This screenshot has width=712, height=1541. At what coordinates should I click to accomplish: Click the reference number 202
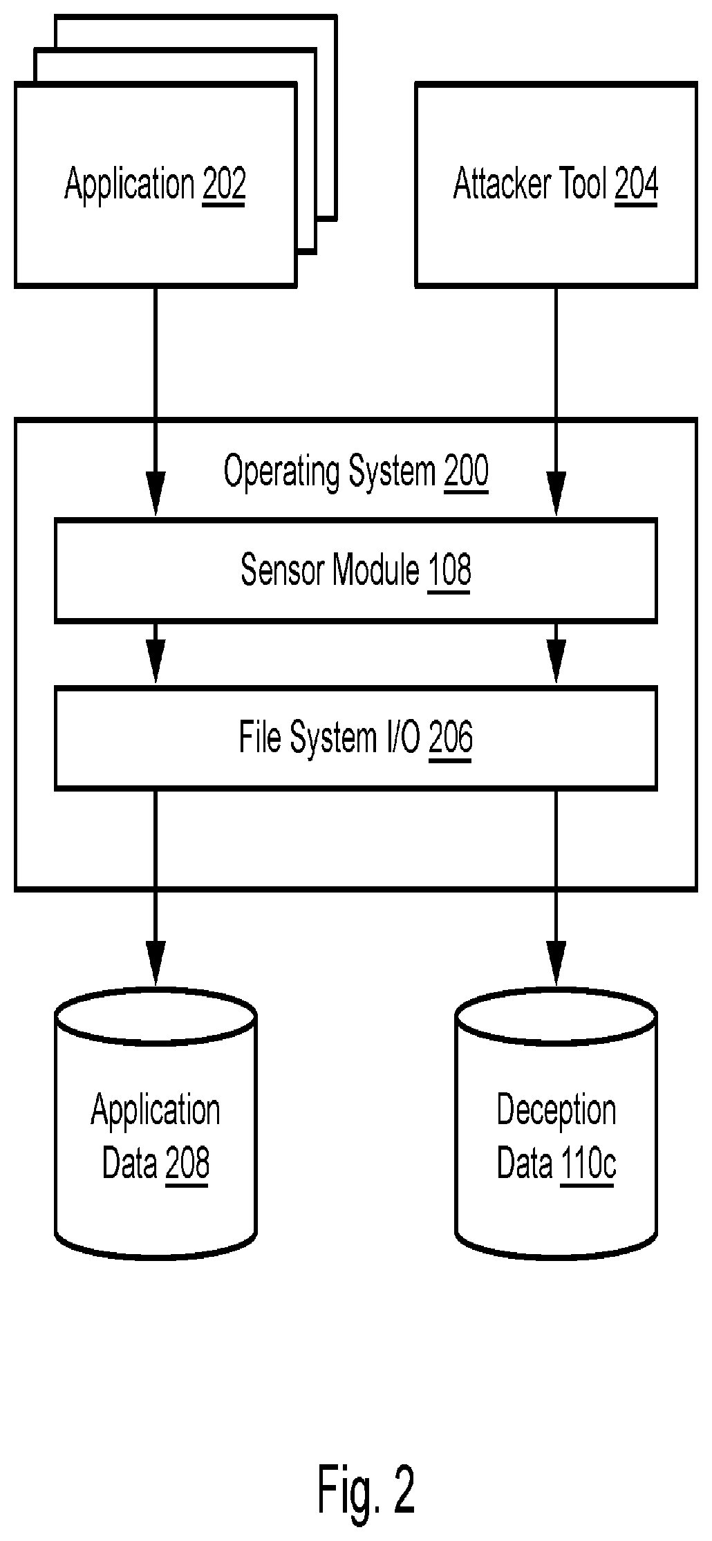(224, 185)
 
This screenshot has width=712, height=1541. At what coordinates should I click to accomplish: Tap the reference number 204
(636, 185)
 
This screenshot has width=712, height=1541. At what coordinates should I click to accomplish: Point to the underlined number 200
(466, 471)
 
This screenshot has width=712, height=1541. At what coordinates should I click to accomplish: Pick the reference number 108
(449, 570)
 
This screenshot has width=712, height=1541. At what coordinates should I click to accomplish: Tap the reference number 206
(451, 737)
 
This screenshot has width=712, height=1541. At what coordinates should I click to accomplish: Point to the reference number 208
(187, 1164)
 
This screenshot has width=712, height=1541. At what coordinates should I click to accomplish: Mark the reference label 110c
(587, 1164)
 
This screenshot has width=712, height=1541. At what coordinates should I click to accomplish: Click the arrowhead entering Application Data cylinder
(156, 964)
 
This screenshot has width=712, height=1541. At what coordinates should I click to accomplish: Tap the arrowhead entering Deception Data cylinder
(556, 964)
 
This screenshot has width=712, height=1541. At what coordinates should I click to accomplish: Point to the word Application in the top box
(129, 185)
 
